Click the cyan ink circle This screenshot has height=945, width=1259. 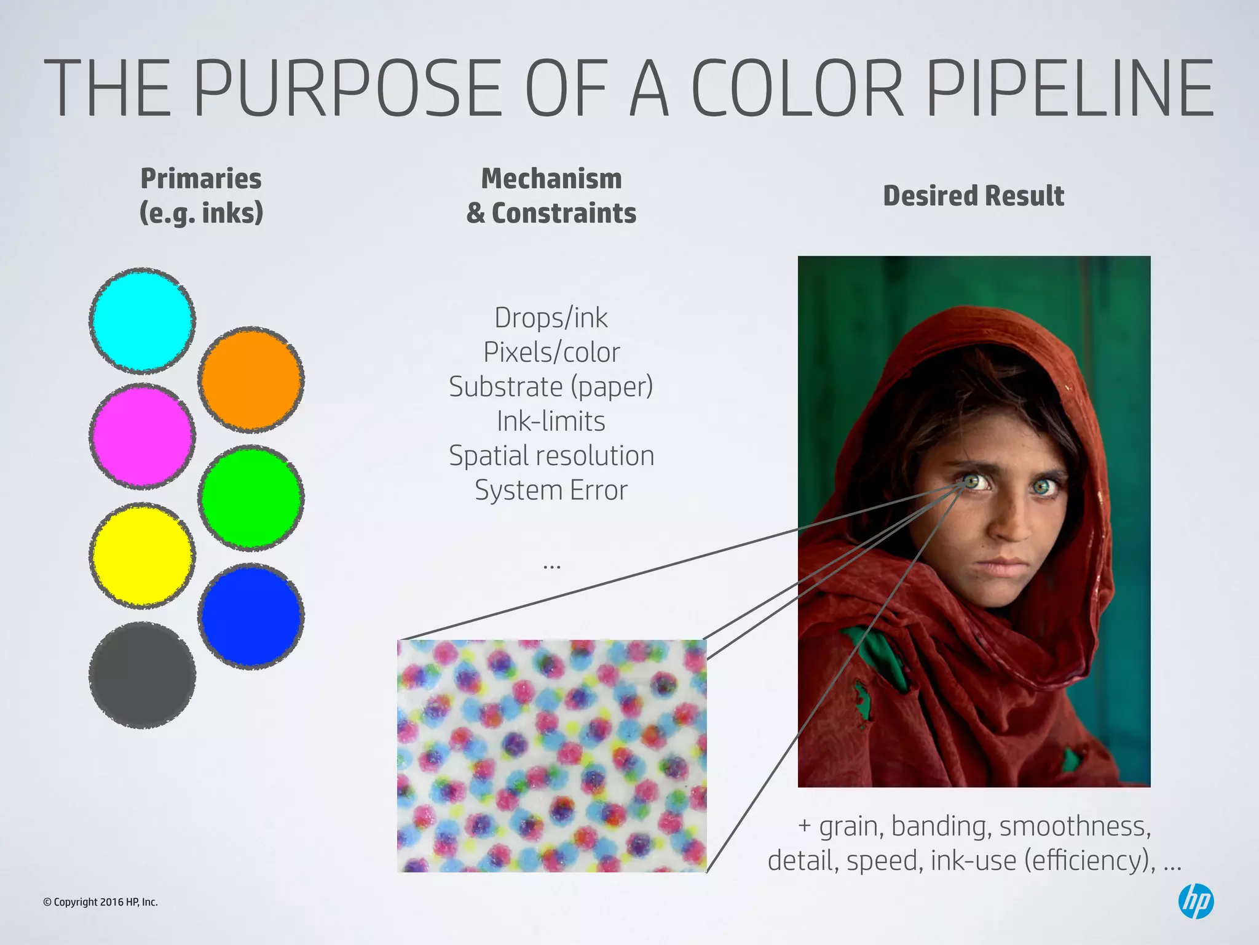tap(142, 321)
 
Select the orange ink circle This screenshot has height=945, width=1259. tap(251, 379)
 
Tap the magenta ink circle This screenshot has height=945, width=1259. tap(142, 436)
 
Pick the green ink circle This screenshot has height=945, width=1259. tap(251, 497)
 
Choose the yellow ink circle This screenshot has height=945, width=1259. tap(142, 556)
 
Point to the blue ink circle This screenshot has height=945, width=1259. tap(251, 616)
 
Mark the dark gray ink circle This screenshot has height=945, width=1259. tap(142, 675)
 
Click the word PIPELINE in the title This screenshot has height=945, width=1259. tap(1069, 87)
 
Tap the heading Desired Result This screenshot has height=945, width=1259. tap(973, 196)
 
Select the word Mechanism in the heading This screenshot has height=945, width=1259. tap(551, 179)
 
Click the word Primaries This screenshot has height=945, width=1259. tap(201, 179)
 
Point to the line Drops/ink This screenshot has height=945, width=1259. tap(551, 318)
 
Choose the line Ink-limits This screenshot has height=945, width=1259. tap(551, 421)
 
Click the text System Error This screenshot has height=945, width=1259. tap(551, 490)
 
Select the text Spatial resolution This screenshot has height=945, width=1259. tap(551, 456)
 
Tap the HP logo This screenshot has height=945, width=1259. tap(1196, 901)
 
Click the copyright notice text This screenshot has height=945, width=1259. tap(100, 902)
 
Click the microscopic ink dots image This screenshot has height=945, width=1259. tap(551, 756)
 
